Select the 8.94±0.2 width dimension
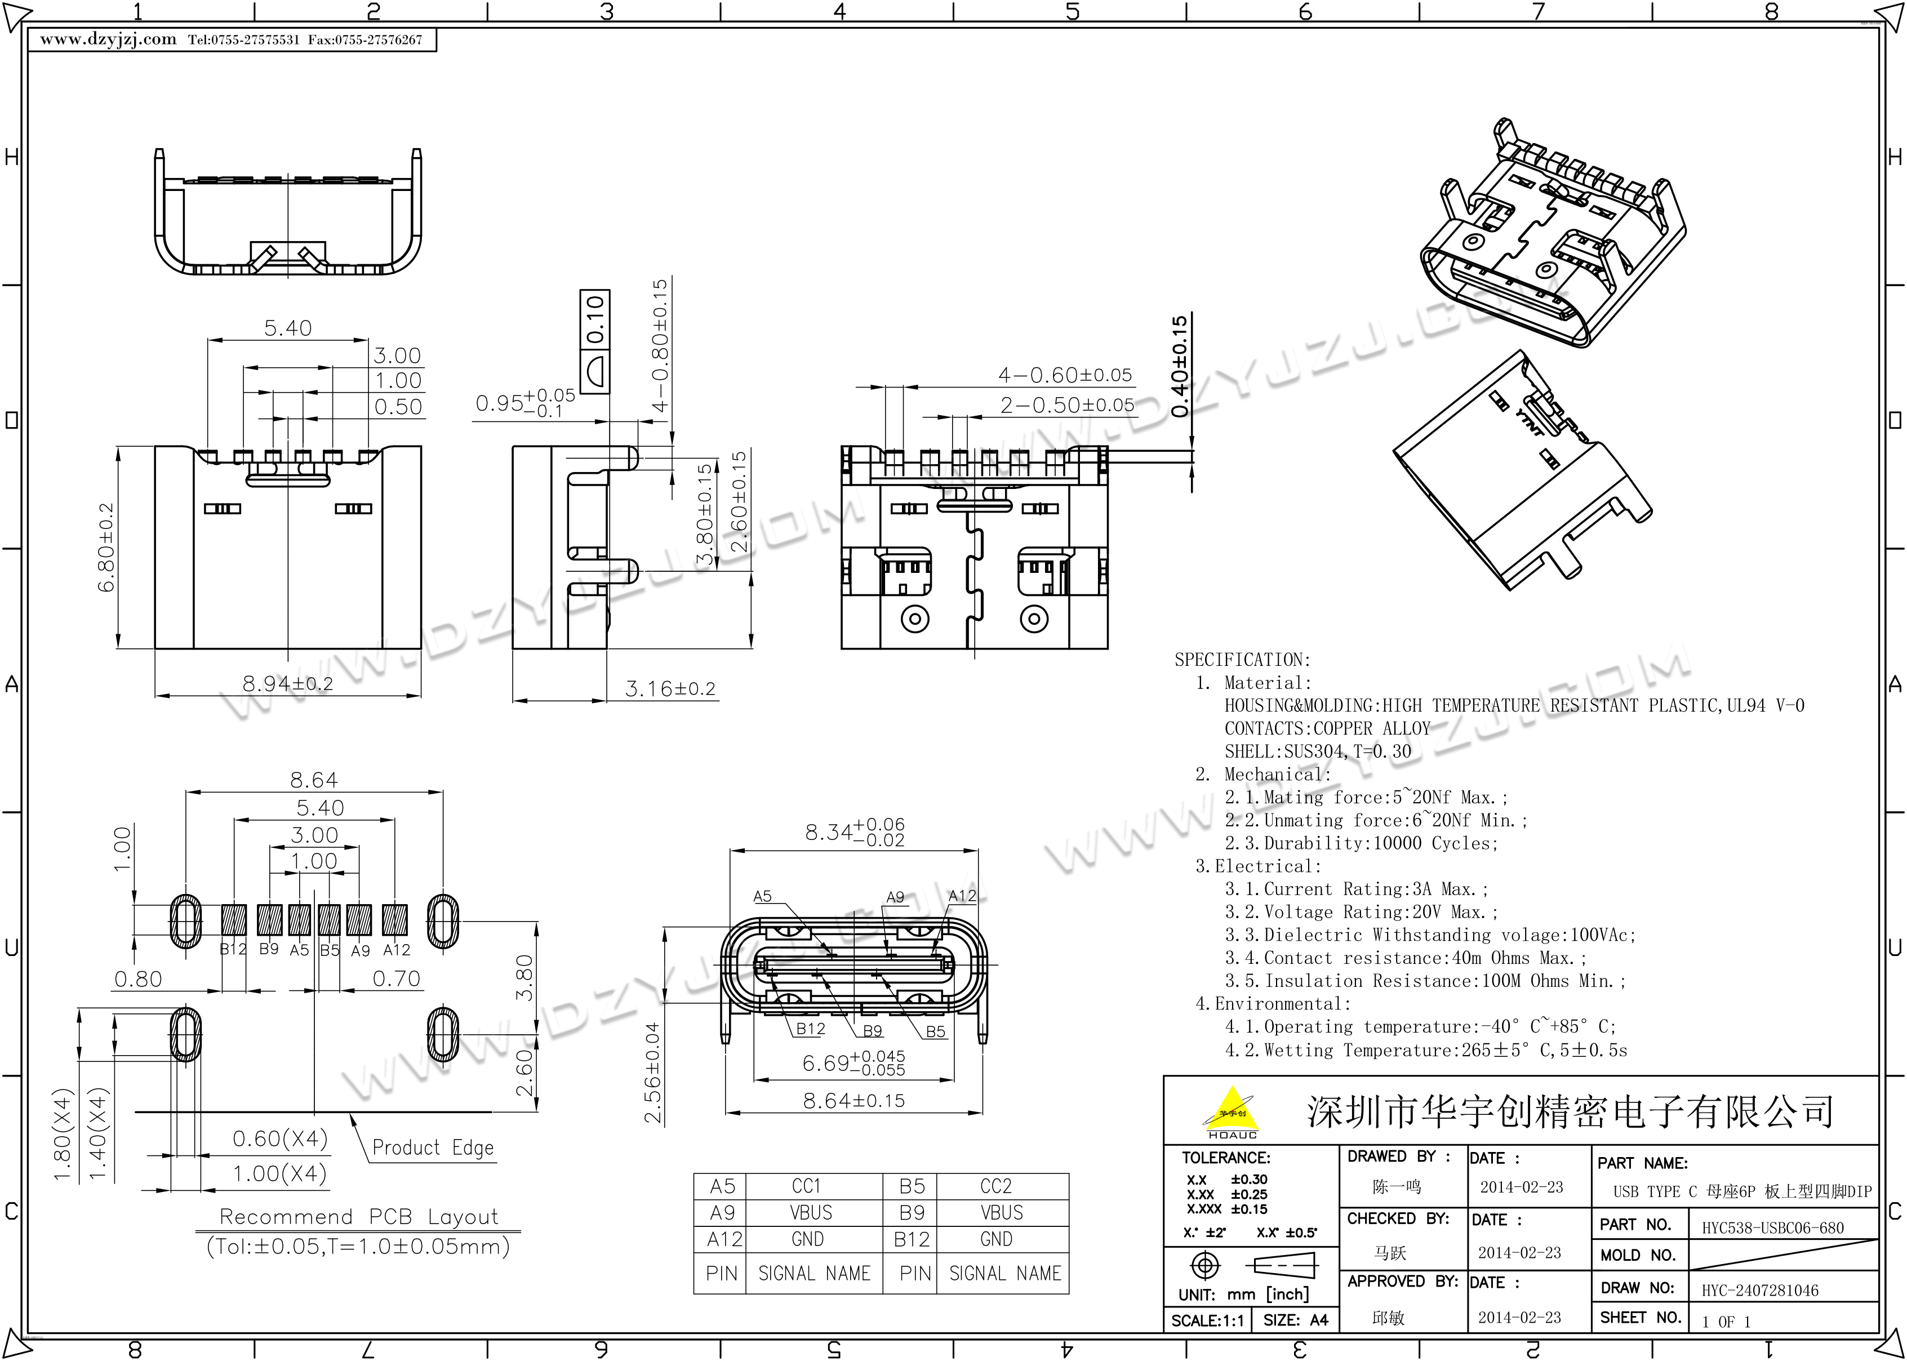pos(287,684)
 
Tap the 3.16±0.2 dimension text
pos(670,689)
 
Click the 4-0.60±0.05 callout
pos(1065,375)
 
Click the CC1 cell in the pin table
pos(807,1186)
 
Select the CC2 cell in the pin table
pos(995,1186)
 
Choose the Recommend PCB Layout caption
pos(359,1216)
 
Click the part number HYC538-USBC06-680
pos(1773,1227)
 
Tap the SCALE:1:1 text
pos(1207,1321)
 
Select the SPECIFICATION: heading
pos(1243,660)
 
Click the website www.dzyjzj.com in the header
pos(108,39)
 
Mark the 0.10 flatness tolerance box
pos(595,341)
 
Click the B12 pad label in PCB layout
pos(233,950)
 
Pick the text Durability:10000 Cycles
pos(1380,843)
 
